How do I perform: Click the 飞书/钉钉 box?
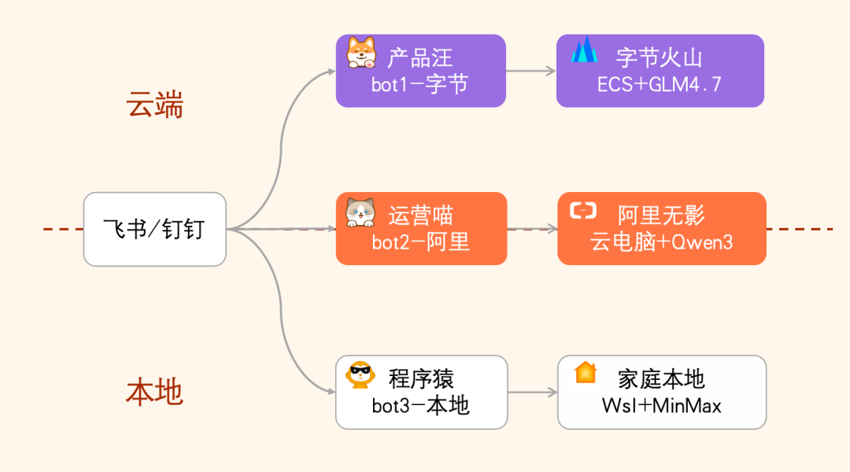pos(155,229)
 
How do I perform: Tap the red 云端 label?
pos(155,104)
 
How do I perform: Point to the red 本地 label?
pos(154,391)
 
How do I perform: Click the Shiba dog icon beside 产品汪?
pos(361,53)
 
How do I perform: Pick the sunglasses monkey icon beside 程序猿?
pos(361,375)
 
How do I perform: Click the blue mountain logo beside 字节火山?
pos(584,50)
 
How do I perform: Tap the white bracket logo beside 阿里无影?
pos(583,210)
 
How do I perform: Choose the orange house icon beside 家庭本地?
pos(585,372)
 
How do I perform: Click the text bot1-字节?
pos(419,84)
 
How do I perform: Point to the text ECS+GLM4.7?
pos(660,84)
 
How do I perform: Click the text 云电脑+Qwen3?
pos(661,242)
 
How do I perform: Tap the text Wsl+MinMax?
pos(661,405)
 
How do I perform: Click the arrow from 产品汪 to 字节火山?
pos(531,71)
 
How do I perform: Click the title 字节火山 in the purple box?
pos(660,57)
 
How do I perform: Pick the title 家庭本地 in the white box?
pos(661,379)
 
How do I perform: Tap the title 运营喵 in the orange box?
pos(421,216)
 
